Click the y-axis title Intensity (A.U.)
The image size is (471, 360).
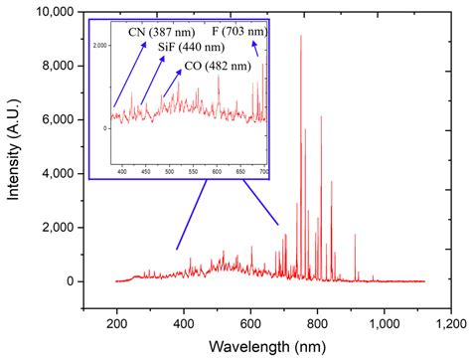[x=14, y=149]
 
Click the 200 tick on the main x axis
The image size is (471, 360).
[x=117, y=322]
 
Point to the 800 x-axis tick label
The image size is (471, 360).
[x=318, y=322]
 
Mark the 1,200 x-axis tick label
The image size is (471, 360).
[x=451, y=322]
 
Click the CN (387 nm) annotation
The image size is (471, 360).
[x=164, y=32]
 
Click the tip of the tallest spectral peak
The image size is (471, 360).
[x=301, y=36]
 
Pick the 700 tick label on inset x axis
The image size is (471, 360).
[x=264, y=172]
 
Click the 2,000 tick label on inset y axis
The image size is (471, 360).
[x=101, y=47]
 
